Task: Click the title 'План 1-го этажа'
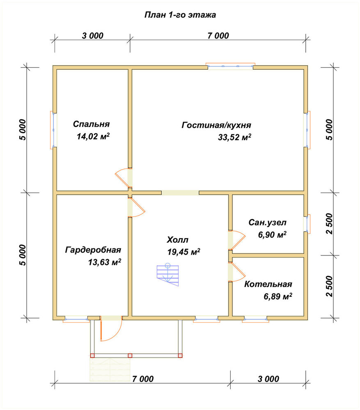(x=180, y=15)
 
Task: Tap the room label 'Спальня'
(x=91, y=124)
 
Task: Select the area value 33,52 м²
(x=234, y=137)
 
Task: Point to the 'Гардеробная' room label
(x=93, y=250)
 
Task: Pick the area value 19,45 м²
(x=184, y=252)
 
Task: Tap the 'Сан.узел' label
(x=267, y=223)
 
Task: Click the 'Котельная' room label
(x=268, y=284)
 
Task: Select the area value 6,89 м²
(x=278, y=296)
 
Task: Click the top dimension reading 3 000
(x=93, y=36)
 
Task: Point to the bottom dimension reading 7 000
(x=143, y=379)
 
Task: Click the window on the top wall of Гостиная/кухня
(x=230, y=66)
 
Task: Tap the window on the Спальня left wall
(x=53, y=130)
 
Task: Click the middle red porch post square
(x=130, y=355)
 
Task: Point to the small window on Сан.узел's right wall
(x=307, y=224)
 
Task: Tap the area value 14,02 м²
(x=93, y=136)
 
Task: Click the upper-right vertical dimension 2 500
(x=329, y=224)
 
